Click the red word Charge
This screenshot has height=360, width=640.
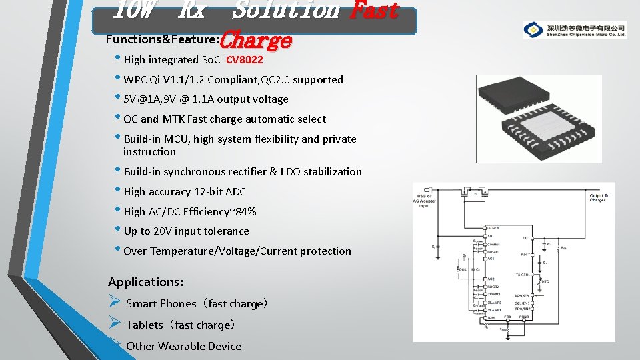(x=255, y=40)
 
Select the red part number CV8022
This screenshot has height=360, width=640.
(x=245, y=60)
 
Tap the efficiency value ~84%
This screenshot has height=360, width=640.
(x=244, y=212)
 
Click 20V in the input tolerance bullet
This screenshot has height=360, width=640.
(x=163, y=231)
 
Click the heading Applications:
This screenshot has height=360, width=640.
(x=145, y=282)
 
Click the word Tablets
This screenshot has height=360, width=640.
(x=144, y=325)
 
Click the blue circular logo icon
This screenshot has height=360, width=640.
(x=533, y=30)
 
